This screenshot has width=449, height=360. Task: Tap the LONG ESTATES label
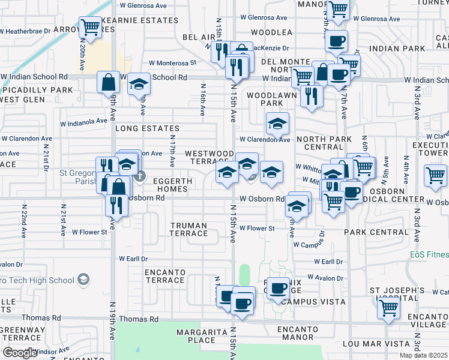coord(147,128)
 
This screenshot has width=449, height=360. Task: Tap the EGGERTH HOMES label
coord(172,185)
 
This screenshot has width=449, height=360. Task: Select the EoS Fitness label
coord(429,254)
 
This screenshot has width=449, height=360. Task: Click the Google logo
coord(19,353)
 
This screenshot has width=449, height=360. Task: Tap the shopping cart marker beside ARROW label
coord(90,27)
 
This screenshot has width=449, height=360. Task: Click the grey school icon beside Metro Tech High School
coord(83,280)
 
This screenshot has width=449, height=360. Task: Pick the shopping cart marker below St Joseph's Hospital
coord(389,308)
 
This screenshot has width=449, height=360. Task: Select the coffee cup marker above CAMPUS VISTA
coord(279,289)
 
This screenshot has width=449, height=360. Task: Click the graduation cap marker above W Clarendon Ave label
coord(277,124)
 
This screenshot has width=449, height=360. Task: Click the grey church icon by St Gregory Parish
coord(140,176)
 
